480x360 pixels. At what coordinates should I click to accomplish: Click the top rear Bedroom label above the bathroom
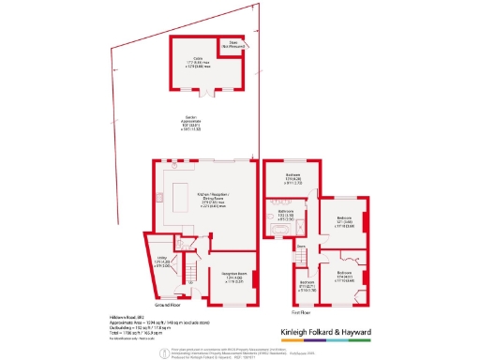coord(290,179)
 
